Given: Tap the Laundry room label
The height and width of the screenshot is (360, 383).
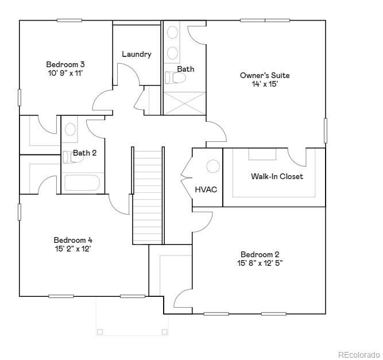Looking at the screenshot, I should pos(137,55).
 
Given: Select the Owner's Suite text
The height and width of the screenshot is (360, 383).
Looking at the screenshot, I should pos(265,75).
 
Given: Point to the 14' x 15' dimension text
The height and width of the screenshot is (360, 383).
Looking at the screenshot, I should pos(265,84).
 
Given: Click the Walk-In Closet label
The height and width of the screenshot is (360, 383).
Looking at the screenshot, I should pos(277,176).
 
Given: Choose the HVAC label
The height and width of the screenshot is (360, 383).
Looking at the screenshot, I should pos(206,189).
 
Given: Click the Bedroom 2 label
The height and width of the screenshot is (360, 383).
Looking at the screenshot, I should pos(260,254).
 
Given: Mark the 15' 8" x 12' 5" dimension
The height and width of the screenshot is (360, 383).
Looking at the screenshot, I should pos(260,264).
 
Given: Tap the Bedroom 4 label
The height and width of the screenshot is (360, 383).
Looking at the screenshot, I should pos(73,240).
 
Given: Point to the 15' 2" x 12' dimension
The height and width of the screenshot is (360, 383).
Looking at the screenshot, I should pos(73,249).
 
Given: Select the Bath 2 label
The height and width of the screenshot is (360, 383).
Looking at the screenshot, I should pos(84,153).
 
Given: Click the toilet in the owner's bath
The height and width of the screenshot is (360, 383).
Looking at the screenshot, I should pos(173,78).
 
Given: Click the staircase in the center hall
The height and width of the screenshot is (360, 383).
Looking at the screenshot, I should pos(149,195).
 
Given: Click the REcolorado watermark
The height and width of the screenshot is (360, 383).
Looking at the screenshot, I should pos(358,354).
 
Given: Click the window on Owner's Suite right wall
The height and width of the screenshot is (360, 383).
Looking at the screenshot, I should pos(326,130).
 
